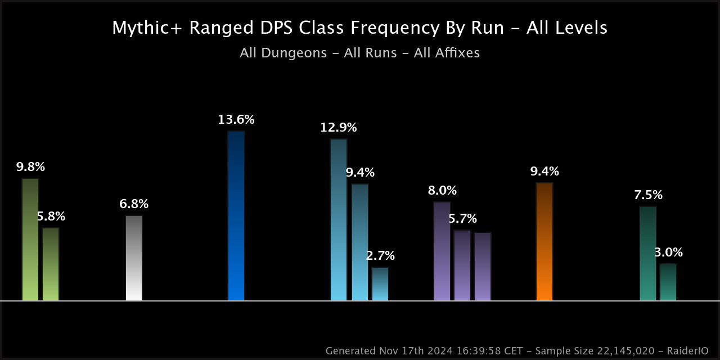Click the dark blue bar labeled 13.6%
click(236, 216)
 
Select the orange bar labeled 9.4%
click(544, 242)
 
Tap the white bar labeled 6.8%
click(134, 258)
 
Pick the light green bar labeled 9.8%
click(30, 240)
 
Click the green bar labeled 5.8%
click(51, 264)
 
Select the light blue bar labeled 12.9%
click(339, 220)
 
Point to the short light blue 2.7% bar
click(380, 284)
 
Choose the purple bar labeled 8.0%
click(442, 251)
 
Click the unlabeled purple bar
click(483, 267)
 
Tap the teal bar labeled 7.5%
click(648, 254)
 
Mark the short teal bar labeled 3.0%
click(668, 282)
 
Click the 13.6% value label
click(236, 120)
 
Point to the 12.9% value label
click(339, 128)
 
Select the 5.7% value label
click(462, 219)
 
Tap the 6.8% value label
click(134, 204)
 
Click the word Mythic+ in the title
click(147, 28)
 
